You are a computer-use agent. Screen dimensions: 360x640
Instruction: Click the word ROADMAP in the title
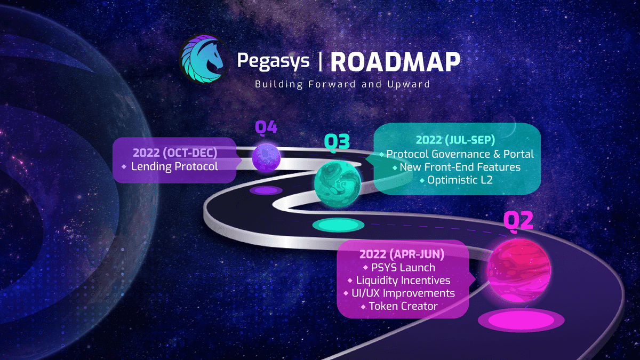pyautogui.click(x=395, y=62)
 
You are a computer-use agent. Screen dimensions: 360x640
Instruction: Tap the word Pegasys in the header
pyautogui.click(x=273, y=60)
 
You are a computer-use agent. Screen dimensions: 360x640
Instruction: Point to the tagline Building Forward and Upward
pyautogui.click(x=342, y=84)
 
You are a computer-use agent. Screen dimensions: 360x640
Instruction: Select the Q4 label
pyautogui.click(x=266, y=127)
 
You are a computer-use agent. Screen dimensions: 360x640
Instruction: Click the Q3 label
pyautogui.click(x=337, y=142)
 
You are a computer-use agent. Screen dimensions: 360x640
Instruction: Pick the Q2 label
pyautogui.click(x=518, y=220)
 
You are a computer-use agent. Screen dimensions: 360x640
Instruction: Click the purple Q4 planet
pyautogui.click(x=266, y=158)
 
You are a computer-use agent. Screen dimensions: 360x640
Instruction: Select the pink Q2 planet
pyautogui.click(x=518, y=269)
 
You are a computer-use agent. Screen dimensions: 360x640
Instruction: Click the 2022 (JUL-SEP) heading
pyautogui.click(x=456, y=140)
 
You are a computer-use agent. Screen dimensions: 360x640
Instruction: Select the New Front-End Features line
pyautogui.click(x=456, y=167)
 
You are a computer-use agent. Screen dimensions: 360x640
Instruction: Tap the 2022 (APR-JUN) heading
pyautogui.click(x=403, y=254)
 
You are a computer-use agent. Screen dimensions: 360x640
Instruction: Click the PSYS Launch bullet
pyautogui.click(x=403, y=267)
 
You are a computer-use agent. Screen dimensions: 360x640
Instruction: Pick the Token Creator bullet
pyautogui.click(x=403, y=306)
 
